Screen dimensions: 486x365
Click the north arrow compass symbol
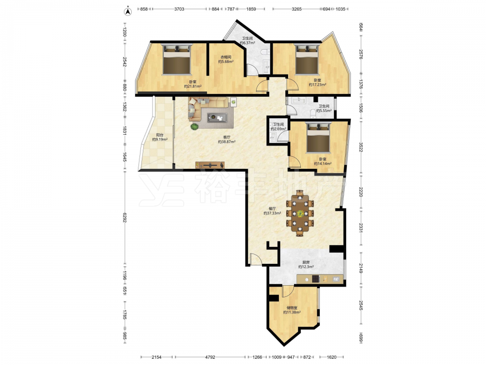point(128,12)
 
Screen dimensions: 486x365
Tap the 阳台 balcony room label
point(159,135)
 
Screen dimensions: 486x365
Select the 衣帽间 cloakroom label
point(226,57)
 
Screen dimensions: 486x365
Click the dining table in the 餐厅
point(300,213)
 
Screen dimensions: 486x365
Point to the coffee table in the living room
point(217,117)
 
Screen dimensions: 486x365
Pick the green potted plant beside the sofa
point(195,127)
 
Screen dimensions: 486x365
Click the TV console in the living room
point(210,165)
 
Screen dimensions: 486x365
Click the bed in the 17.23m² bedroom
point(307,59)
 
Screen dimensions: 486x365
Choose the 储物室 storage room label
point(292,308)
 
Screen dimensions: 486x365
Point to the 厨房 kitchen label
point(306,262)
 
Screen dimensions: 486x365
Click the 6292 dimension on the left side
point(124,217)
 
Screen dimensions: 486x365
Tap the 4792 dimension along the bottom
point(210,357)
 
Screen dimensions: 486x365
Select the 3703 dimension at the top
point(179,9)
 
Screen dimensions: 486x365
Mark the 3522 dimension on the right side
point(361,147)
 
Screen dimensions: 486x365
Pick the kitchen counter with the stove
point(320,279)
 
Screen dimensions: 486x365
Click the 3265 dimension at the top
point(296,9)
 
